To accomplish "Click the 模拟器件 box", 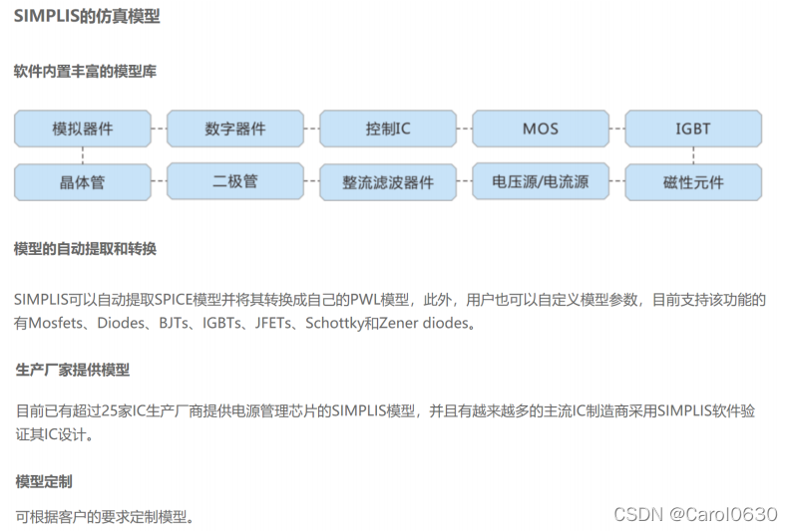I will [x=83, y=129].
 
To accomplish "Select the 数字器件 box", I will [x=235, y=129].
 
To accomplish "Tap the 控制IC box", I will [x=388, y=129].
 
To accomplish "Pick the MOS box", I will [x=541, y=129].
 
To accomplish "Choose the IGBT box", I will [x=693, y=129].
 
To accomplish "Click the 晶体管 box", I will [x=83, y=182].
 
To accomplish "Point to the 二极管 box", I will [x=235, y=181].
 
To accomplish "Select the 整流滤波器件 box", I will [x=388, y=182].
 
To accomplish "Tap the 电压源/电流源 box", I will [x=541, y=182].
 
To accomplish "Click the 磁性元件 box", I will [x=693, y=182].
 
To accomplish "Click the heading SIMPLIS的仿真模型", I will [x=87, y=17].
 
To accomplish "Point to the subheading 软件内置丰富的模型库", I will [x=85, y=72].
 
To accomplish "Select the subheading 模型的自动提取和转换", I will [x=85, y=248].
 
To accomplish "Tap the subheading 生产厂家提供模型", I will [x=72, y=370].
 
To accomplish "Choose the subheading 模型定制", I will [x=43, y=481].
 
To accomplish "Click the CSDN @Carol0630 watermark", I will [x=694, y=514].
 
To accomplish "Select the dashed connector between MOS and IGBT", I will [x=617, y=129].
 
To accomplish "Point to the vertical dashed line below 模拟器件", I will [x=83, y=154].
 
